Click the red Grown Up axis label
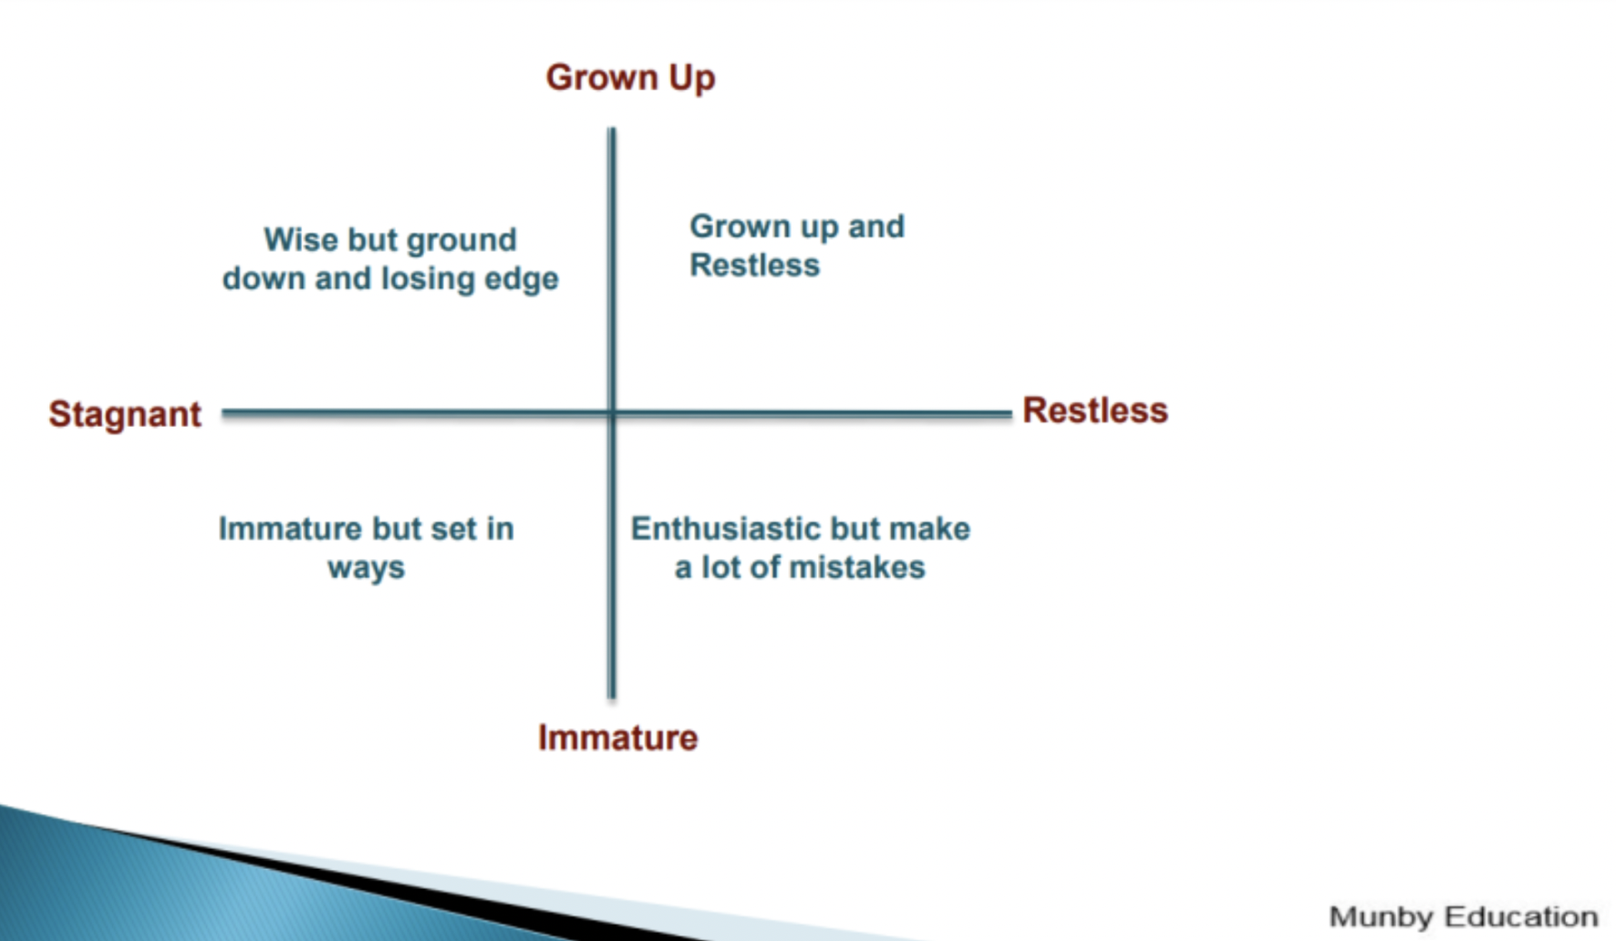630,78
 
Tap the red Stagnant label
125,414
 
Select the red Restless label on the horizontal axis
1095,410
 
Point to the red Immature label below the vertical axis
617,737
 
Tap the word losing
428,279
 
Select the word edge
522,279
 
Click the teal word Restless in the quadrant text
754,264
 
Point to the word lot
720,567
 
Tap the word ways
366,568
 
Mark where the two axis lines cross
612,413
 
